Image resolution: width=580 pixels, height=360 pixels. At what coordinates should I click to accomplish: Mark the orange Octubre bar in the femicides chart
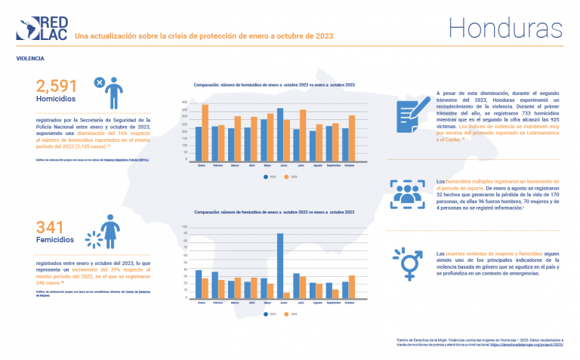351,288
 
